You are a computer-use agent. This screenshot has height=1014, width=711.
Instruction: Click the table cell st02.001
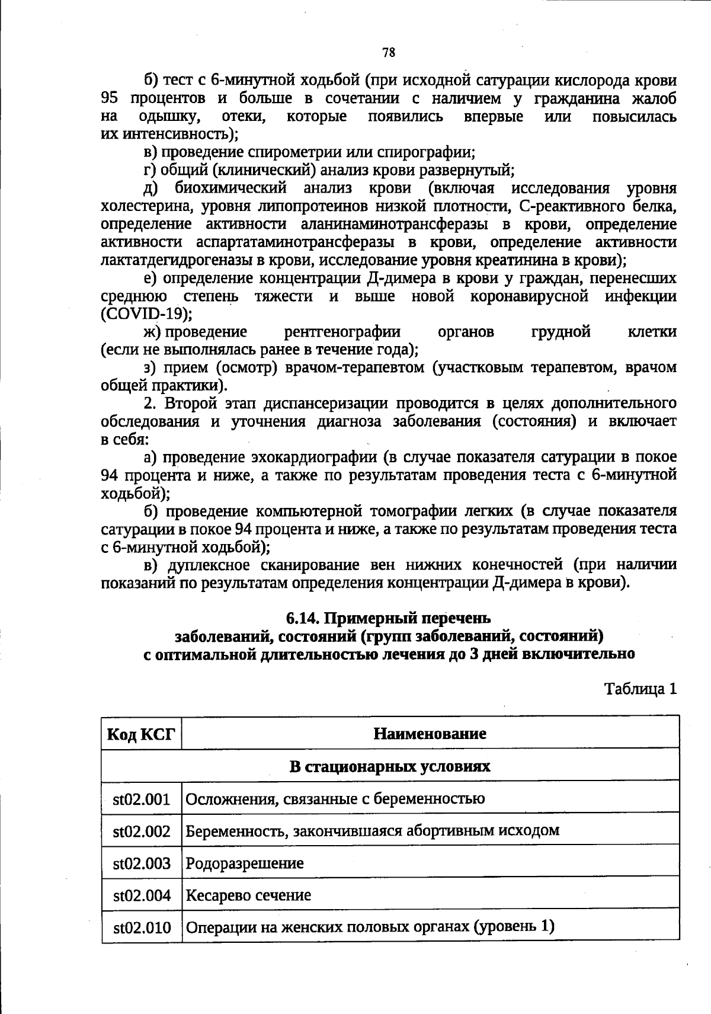tap(142, 799)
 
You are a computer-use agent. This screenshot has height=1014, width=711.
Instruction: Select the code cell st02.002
tap(142, 831)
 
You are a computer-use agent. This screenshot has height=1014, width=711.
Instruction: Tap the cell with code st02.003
tap(142, 863)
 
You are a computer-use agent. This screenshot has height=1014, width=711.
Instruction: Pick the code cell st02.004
tap(142, 895)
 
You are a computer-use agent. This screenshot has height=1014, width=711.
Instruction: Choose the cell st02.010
tap(142, 927)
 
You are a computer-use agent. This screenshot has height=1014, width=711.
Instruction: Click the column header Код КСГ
tap(142, 734)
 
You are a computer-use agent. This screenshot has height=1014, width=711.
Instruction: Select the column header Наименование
tap(430, 734)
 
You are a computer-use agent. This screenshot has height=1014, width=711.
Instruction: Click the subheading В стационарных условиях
tap(389, 766)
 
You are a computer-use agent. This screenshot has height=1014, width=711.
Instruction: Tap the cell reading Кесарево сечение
tap(248, 895)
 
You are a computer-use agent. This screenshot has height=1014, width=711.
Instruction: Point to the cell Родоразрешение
tap(245, 863)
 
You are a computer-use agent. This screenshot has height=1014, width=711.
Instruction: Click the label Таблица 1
tap(640, 689)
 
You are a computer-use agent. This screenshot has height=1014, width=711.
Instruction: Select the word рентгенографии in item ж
tap(342, 332)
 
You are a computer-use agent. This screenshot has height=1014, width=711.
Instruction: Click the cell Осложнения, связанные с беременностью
tap(335, 799)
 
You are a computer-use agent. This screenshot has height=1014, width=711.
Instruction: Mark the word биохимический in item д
tap(231, 188)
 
